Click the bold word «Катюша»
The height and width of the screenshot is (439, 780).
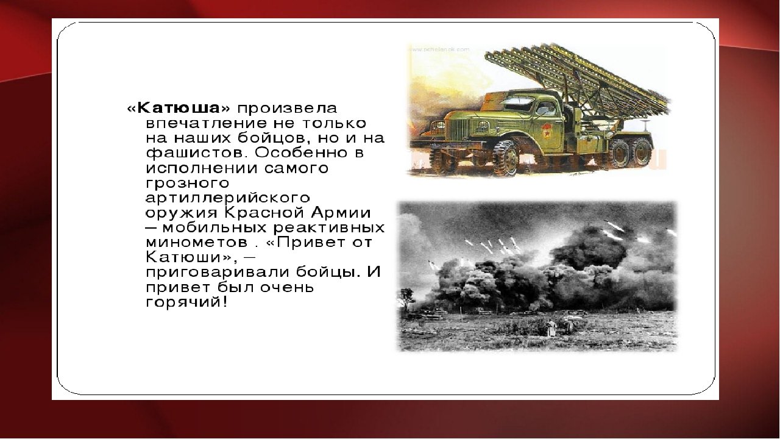pos(179,108)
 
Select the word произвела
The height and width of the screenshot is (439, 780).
pos(287,109)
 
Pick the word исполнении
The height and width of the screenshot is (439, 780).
pos(202,168)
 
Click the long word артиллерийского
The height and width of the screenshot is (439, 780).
pos(228,198)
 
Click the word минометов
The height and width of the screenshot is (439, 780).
pos(197,243)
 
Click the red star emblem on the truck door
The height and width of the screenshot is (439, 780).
pos(547,130)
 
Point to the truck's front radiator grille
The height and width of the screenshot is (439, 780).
pos(458,129)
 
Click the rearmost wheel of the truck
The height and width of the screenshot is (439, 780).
pos(642,152)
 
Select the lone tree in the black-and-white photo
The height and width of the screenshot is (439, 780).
pos(406,299)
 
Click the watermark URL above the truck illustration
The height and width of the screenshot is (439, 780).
pos(439,49)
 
